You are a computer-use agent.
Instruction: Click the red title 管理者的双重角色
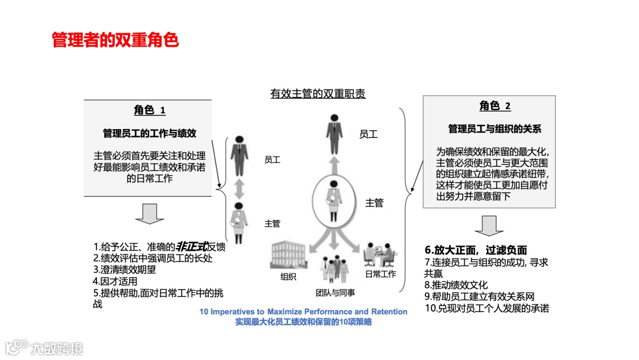click(x=115, y=40)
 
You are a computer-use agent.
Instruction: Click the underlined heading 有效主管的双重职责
click(x=318, y=94)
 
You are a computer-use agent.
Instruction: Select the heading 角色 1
click(x=149, y=110)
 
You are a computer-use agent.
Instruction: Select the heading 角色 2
click(x=495, y=106)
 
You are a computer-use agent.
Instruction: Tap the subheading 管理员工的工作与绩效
click(x=149, y=133)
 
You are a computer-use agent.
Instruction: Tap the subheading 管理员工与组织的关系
click(x=495, y=128)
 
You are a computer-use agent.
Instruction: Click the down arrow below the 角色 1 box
click(x=149, y=214)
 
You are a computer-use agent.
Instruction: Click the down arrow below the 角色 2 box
click(x=489, y=225)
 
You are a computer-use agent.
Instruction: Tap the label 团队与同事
click(x=335, y=292)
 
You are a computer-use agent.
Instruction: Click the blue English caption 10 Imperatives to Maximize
click(x=303, y=311)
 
